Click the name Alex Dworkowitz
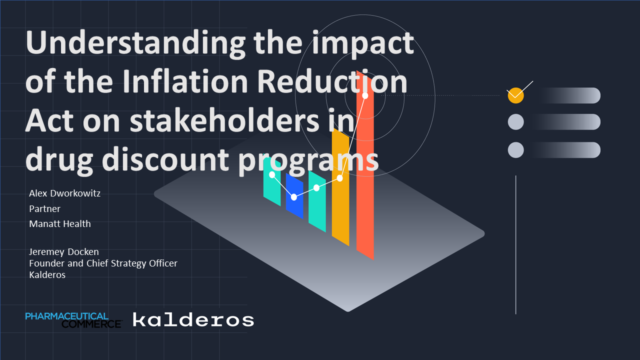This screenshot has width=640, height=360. point(64,193)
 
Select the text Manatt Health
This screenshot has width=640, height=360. point(60,224)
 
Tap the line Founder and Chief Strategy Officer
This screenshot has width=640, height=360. point(103,263)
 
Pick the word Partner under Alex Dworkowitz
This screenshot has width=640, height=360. point(44,209)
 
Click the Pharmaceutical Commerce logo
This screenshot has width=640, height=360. point(73,320)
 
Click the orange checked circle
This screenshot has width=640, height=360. point(515,95)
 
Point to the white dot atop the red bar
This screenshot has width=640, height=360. point(365,95)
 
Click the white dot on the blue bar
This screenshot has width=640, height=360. point(294,197)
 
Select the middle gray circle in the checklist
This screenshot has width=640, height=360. point(515,122)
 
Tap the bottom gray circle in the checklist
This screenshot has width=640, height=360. point(515,150)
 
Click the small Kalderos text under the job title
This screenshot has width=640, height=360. point(47,275)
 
